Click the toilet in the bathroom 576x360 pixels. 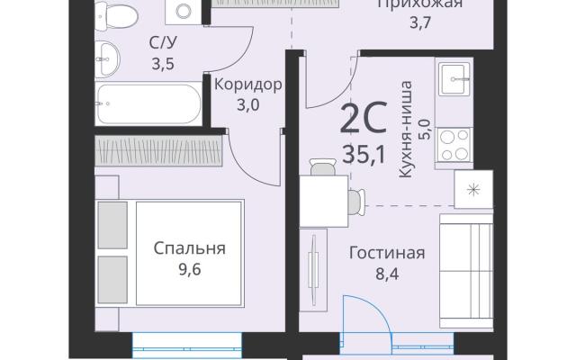(115, 15)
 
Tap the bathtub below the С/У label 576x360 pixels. (148, 103)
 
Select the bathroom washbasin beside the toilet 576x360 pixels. (107, 58)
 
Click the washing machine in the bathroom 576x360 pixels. (183, 12)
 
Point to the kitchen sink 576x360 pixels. (454, 78)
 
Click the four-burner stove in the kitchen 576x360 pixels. (454, 145)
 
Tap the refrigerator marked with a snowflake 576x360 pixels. (473, 189)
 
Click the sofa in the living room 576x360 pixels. (466, 271)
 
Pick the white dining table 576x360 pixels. (324, 201)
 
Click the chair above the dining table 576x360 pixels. (323, 167)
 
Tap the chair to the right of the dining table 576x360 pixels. (356, 202)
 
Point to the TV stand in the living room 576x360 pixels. (313, 270)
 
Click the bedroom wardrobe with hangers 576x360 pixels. (158, 150)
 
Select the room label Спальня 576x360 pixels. (189, 248)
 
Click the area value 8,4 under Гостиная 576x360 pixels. (387, 274)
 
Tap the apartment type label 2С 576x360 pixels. (364, 118)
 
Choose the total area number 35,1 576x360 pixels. (364, 154)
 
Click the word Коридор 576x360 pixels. (248, 85)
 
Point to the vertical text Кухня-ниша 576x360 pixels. (406, 130)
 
